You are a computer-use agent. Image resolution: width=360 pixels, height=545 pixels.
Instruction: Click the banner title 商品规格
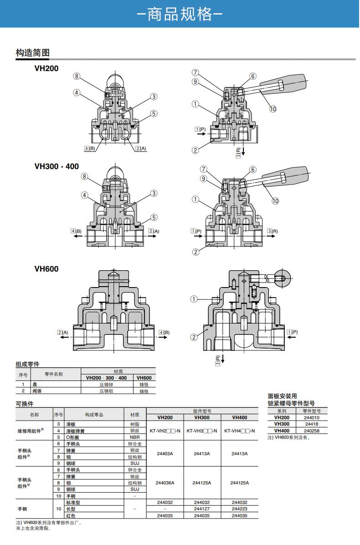pyautogui.click(x=180, y=14)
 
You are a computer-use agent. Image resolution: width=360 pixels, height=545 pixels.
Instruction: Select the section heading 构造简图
pyautogui.click(x=32, y=53)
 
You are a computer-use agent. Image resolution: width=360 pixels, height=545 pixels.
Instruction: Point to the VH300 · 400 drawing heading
pyautogui.click(x=57, y=166)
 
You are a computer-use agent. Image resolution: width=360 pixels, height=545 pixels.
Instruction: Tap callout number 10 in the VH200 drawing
pyautogui.click(x=273, y=109)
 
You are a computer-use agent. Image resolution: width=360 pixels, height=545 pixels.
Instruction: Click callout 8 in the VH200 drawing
pyautogui.click(x=77, y=76)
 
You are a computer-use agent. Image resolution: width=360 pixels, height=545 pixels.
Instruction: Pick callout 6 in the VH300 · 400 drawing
pyautogui.click(x=253, y=170)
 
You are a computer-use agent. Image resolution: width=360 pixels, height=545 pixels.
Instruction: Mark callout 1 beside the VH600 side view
pyautogui.click(x=194, y=299)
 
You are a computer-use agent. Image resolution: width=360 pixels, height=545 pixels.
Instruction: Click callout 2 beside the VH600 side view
pyautogui.click(x=194, y=337)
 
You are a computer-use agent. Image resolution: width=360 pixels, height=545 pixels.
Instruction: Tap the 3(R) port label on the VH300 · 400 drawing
pyautogui.click(x=272, y=231)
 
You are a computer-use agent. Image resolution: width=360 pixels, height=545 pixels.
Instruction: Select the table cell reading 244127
pyautogui.click(x=202, y=509)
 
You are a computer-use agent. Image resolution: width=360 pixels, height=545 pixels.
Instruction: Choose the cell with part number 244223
pyautogui.click(x=239, y=509)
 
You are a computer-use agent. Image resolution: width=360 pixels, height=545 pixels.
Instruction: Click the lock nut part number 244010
pyautogui.click(x=312, y=417)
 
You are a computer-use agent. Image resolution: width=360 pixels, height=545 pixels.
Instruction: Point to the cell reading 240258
pyautogui.click(x=312, y=431)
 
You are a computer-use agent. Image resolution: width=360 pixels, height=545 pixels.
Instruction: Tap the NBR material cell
pyautogui.click(x=135, y=437)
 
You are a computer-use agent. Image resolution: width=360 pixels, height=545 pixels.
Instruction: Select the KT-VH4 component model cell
pyautogui.click(x=239, y=431)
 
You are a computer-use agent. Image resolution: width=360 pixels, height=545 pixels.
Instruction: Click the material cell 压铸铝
pyautogui.click(x=106, y=391)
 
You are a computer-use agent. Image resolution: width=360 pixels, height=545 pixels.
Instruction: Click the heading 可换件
pyautogui.click(x=25, y=404)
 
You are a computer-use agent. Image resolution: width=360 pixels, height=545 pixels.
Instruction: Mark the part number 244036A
pyautogui.click(x=165, y=483)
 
